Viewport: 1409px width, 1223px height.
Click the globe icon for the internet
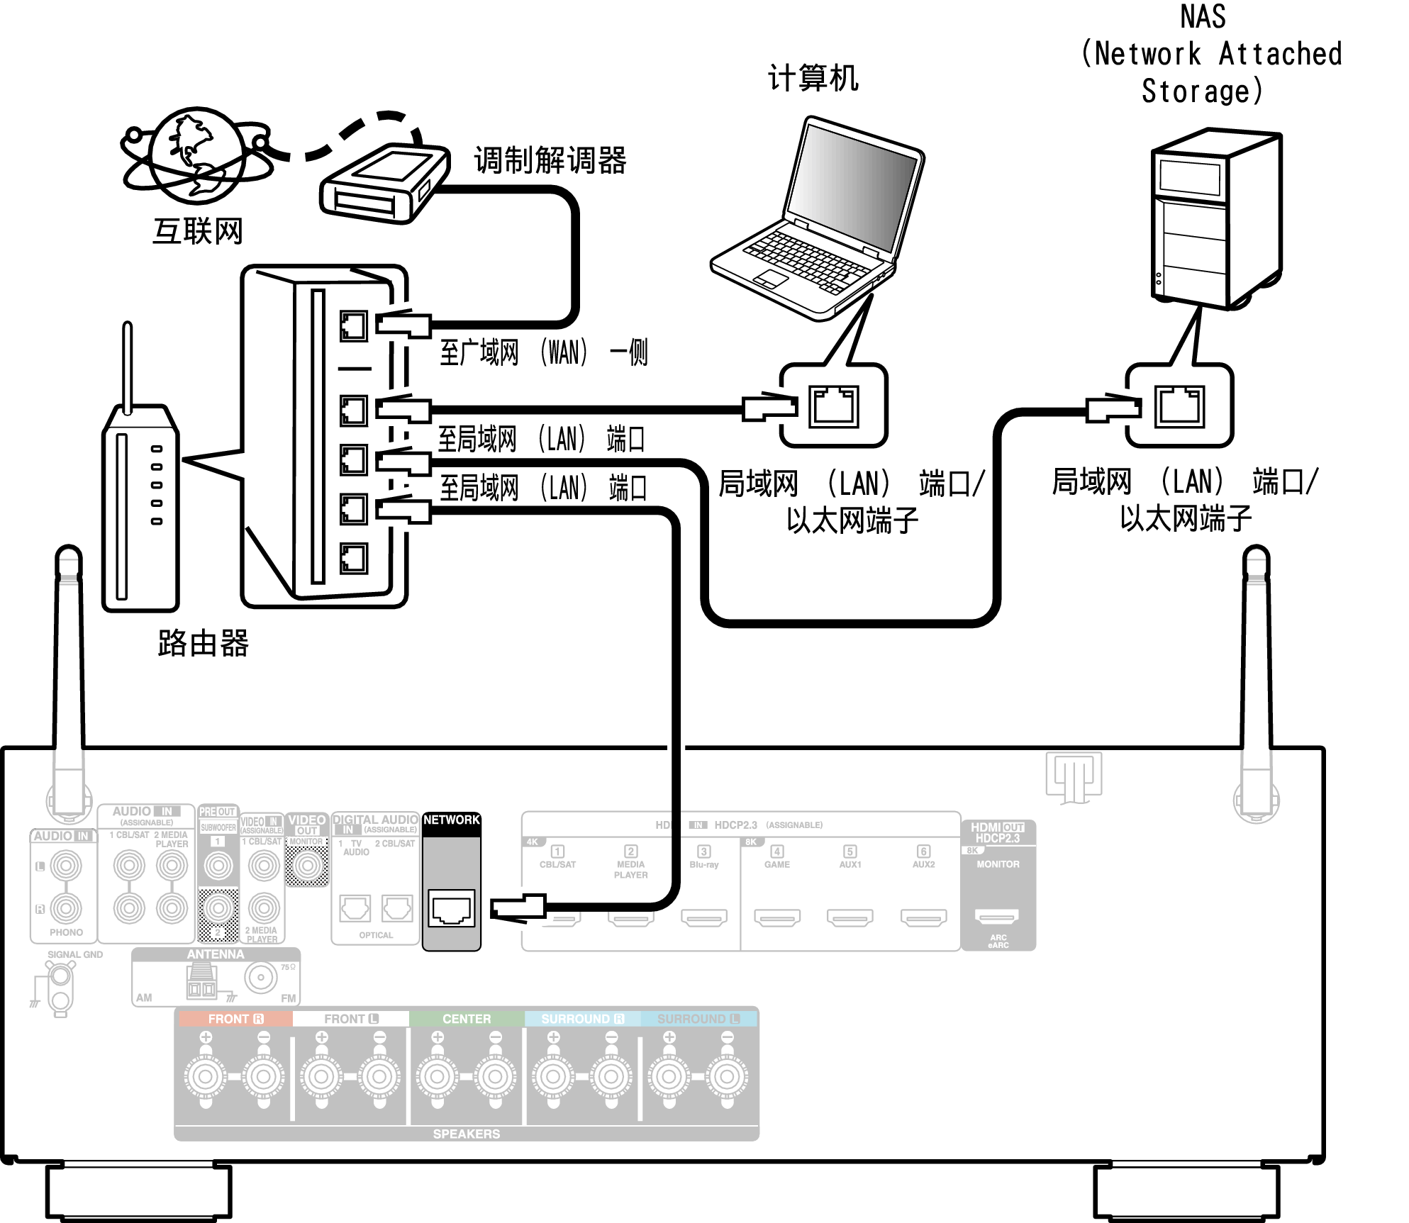pyautogui.click(x=196, y=156)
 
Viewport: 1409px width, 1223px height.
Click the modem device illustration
pyautogui.click(x=385, y=184)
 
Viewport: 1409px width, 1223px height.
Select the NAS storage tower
pyautogui.click(x=1216, y=220)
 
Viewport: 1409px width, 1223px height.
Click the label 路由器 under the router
pyautogui.click(x=203, y=643)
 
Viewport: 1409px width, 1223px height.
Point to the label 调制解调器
pyautogui.click(x=550, y=160)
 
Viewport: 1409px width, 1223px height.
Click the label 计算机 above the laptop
pyautogui.click(x=813, y=78)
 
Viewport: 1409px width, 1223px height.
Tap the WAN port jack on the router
pyautogui.click(x=353, y=326)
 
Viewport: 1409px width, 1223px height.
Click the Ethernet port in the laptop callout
pyautogui.click(x=834, y=406)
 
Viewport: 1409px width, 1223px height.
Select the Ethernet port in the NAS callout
pyautogui.click(x=1179, y=406)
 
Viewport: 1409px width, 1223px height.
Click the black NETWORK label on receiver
pyautogui.click(x=452, y=820)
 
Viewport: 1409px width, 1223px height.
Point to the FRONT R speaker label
pyautogui.click(x=235, y=1019)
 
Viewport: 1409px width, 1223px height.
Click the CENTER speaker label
pyautogui.click(x=467, y=1019)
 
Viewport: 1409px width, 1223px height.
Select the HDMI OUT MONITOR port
pyautogui.click(x=997, y=917)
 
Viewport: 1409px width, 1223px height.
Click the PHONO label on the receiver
pyautogui.click(x=66, y=932)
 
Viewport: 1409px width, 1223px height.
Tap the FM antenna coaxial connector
pyautogui.click(x=260, y=978)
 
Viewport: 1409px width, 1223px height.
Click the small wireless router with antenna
pyautogui.click(x=140, y=496)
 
